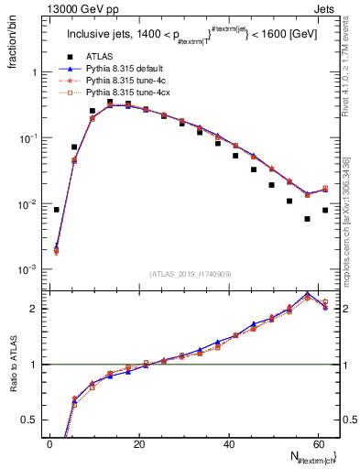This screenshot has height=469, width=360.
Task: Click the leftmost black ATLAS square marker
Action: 57,210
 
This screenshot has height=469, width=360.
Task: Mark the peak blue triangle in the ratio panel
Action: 307,293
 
